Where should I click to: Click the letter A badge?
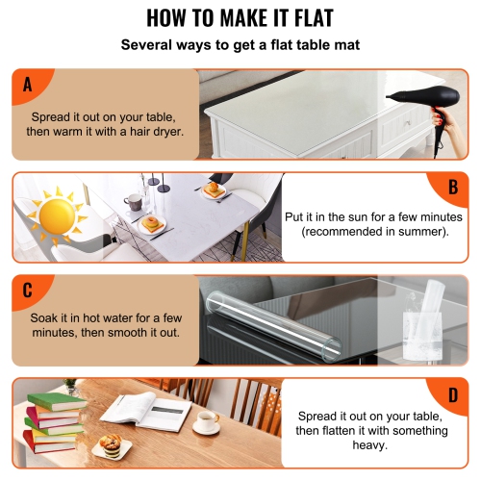pyautogui.click(x=27, y=85)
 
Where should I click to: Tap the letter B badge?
pyautogui.click(x=452, y=187)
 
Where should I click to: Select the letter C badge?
pyautogui.click(x=27, y=290)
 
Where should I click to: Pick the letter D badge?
pyautogui.click(x=452, y=394)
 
